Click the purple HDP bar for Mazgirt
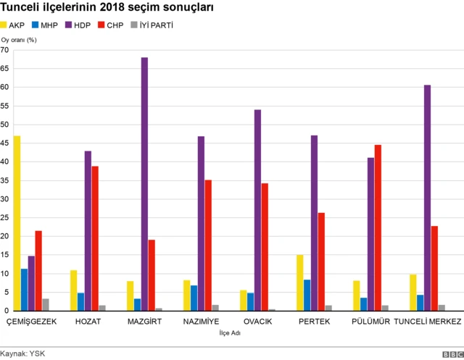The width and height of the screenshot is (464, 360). pos(144,184)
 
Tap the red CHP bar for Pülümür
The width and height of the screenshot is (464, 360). pos(378,227)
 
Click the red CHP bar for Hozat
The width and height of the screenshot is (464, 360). pos(95,238)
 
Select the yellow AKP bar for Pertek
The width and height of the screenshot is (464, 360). pos(299,282)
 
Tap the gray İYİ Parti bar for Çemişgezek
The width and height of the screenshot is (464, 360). pos(46,304)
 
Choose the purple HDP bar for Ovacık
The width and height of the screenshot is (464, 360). pos(257,210)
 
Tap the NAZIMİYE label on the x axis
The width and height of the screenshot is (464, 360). pos(202,321)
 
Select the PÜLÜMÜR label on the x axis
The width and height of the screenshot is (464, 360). pos(370,321)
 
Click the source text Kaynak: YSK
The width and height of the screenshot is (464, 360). pos(24,352)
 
